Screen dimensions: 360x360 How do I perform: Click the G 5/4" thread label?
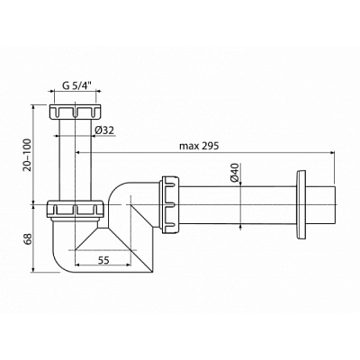[x=76, y=85]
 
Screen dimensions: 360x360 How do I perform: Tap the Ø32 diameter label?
[x=103, y=130]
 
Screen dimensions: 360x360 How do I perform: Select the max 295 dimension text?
[x=199, y=146]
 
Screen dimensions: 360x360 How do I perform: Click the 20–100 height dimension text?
[x=28, y=155]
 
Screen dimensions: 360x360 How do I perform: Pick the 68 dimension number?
[x=28, y=238]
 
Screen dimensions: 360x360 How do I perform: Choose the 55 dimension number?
[x=103, y=260]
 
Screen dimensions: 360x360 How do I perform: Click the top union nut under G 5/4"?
[x=76, y=112]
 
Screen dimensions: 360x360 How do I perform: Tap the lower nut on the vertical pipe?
[x=76, y=209]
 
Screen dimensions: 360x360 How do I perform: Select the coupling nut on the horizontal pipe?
[x=171, y=205]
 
